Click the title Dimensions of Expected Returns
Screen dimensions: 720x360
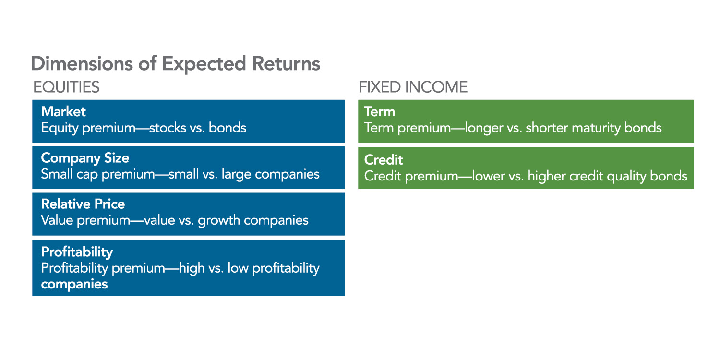click(176, 64)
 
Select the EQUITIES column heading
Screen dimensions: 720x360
click(66, 87)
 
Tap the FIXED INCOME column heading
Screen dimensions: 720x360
click(413, 87)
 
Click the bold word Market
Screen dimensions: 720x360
click(63, 111)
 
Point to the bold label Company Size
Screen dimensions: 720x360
click(85, 158)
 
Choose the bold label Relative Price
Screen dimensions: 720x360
click(83, 204)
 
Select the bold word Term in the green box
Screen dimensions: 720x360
click(380, 112)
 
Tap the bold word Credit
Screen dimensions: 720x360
click(384, 160)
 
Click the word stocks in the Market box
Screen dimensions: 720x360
click(168, 128)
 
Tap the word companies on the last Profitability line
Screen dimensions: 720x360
click(74, 284)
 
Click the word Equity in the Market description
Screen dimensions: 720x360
click(60, 128)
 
